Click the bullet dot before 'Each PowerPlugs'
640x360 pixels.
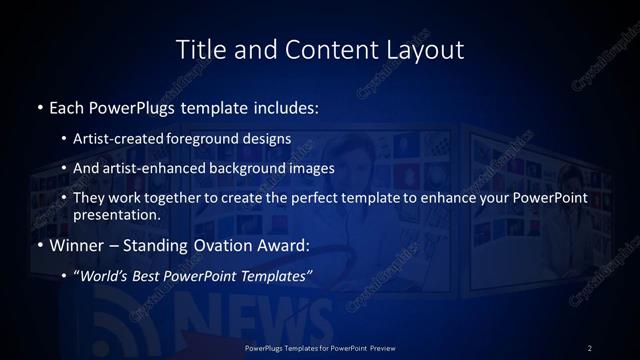coord(38,106)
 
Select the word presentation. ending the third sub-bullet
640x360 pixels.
coord(116,214)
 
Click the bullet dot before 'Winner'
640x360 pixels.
coord(38,244)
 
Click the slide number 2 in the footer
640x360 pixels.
coord(590,347)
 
